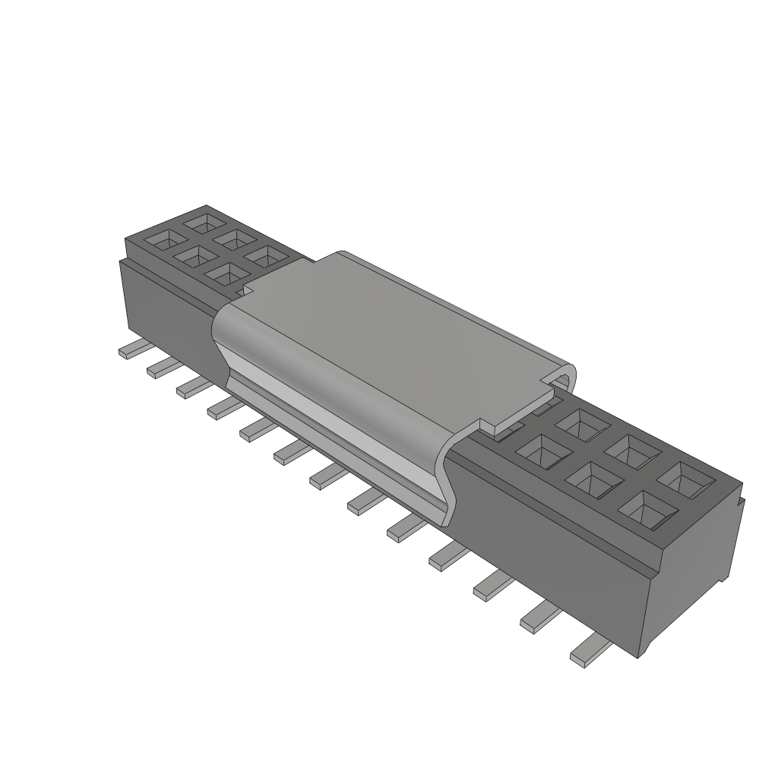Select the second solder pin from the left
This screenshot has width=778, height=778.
tap(163, 368)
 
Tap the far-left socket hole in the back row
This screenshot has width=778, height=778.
tap(204, 223)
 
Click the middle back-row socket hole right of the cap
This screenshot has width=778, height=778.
tap(632, 451)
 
